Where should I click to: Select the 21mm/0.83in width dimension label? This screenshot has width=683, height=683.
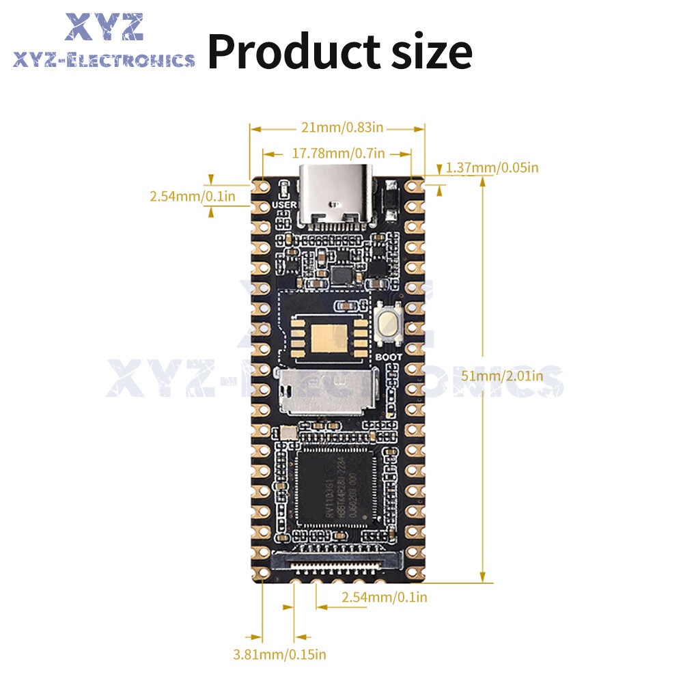[x=337, y=127]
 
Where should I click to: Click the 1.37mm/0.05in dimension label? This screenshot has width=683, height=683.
[x=492, y=167]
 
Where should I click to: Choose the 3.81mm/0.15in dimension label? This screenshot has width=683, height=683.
[x=279, y=654]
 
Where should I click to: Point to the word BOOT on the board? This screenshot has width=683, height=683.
[x=389, y=356]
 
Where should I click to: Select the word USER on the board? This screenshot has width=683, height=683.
[x=284, y=204]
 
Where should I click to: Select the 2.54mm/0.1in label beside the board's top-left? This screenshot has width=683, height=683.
[x=193, y=197]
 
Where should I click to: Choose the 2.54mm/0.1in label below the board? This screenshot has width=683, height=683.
[x=385, y=597]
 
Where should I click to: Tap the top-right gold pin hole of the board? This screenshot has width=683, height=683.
[x=413, y=186]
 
